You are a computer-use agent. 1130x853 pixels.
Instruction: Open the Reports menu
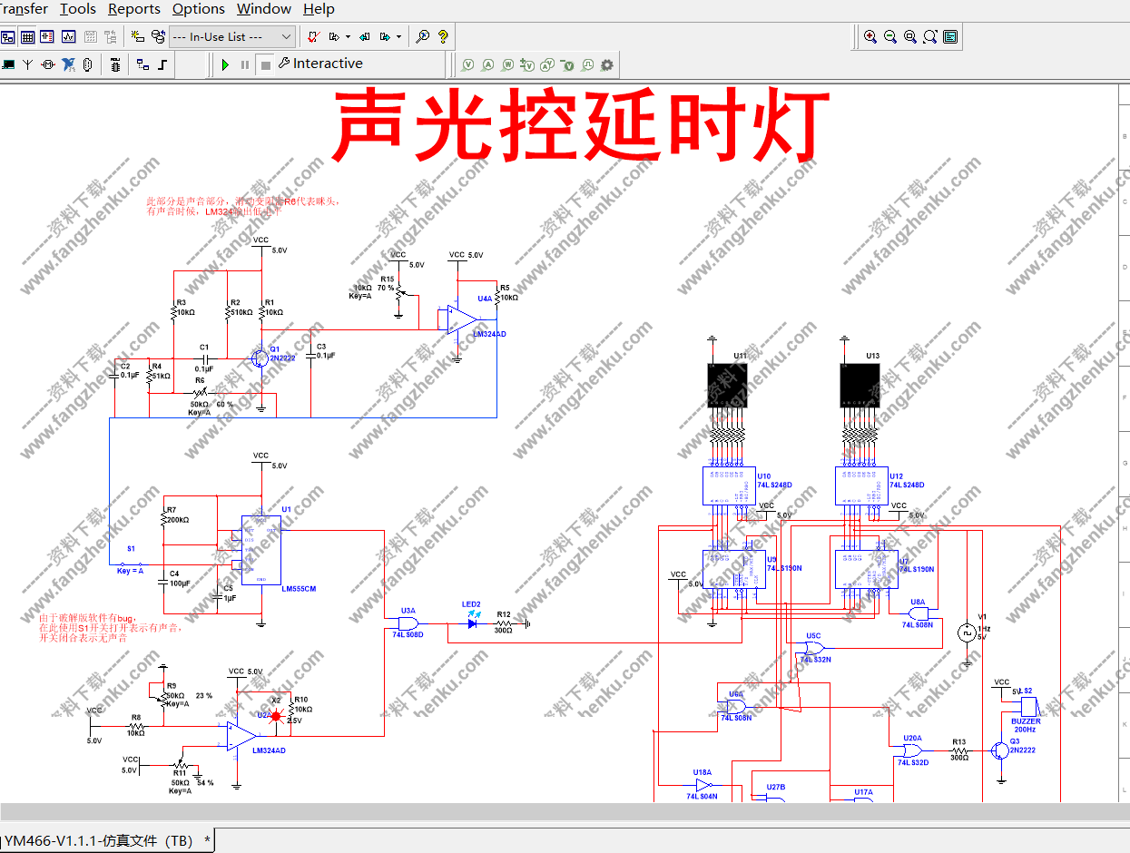point(133,9)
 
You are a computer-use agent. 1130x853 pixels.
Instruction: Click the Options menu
point(198,9)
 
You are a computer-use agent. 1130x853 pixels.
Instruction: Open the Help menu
point(319,9)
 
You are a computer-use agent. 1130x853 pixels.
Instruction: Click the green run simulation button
point(225,64)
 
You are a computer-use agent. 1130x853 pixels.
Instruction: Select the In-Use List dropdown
point(232,36)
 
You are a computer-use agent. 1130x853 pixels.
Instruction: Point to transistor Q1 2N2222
point(260,358)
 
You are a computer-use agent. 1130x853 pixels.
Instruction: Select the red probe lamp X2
point(276,715)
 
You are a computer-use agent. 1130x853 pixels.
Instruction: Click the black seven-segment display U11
point(728,386)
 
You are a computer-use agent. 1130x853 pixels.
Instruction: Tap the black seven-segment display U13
point(860,386)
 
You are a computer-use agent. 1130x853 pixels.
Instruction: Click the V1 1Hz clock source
point(965,632)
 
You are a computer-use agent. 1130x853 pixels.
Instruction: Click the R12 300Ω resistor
point(504,623)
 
